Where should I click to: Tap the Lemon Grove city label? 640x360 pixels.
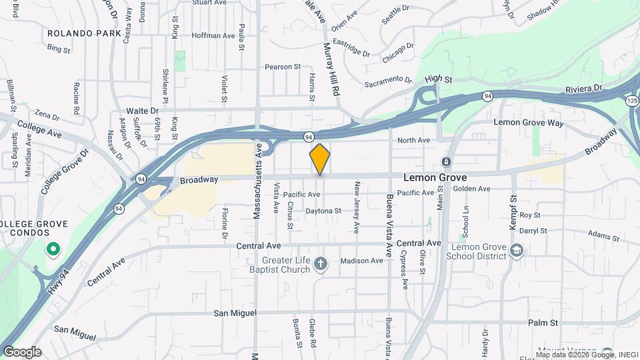click(435, 179)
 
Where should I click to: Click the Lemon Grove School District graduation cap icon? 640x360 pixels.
click(516, 251)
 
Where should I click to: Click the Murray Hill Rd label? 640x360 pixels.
click(331, 69)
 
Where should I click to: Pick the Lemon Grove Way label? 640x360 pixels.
click(528, 123)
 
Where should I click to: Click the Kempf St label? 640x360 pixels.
click(513, 213)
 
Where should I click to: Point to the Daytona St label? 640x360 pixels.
click(323, 211)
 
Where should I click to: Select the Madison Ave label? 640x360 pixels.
click(361, 261)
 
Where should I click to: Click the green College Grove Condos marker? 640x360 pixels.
click(53, 250)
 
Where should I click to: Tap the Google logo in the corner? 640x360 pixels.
click(22, 352)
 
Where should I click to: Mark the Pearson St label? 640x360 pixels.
click(283, 67)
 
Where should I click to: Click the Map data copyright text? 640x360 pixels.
click(586, 355)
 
